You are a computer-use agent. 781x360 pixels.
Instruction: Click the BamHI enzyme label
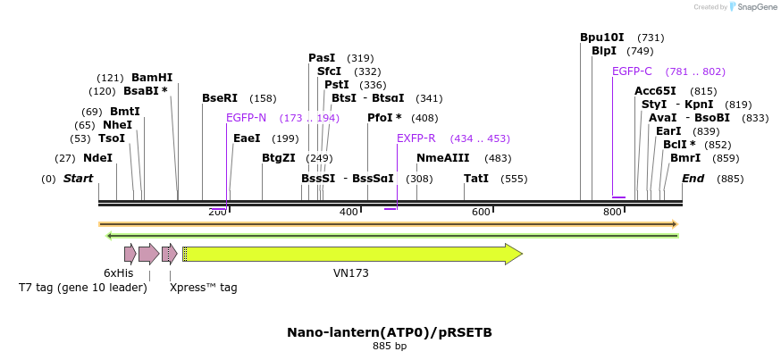(x=152, y=78)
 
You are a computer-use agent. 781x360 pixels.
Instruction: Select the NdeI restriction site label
(x=98, y=158)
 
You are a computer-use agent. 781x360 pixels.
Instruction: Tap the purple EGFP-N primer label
(x=246, y=118)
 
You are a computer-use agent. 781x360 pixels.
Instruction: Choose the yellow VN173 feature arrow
(x=352, y=254)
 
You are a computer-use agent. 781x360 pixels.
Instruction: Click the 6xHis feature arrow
(x=130, y=254)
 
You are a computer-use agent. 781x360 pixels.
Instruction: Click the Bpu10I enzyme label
(x=601, y=38)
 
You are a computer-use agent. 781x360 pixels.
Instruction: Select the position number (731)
(x=651, y=38)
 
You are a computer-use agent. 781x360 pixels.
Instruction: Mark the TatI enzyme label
(x=476, y=179)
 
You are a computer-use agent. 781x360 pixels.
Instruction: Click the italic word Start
(x=78, y=179)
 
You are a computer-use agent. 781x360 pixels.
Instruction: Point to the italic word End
(x=693, y=179)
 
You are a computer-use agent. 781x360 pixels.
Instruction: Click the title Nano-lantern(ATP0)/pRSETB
(x=390, y=332)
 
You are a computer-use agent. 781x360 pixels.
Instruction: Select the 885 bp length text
(x=390, y=346)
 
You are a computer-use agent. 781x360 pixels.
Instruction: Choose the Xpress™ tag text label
(x=203, y=288)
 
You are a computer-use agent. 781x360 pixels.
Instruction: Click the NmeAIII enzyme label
(x=443, y=158)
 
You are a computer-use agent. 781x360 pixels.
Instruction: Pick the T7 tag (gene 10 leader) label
(x=83, y=288)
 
